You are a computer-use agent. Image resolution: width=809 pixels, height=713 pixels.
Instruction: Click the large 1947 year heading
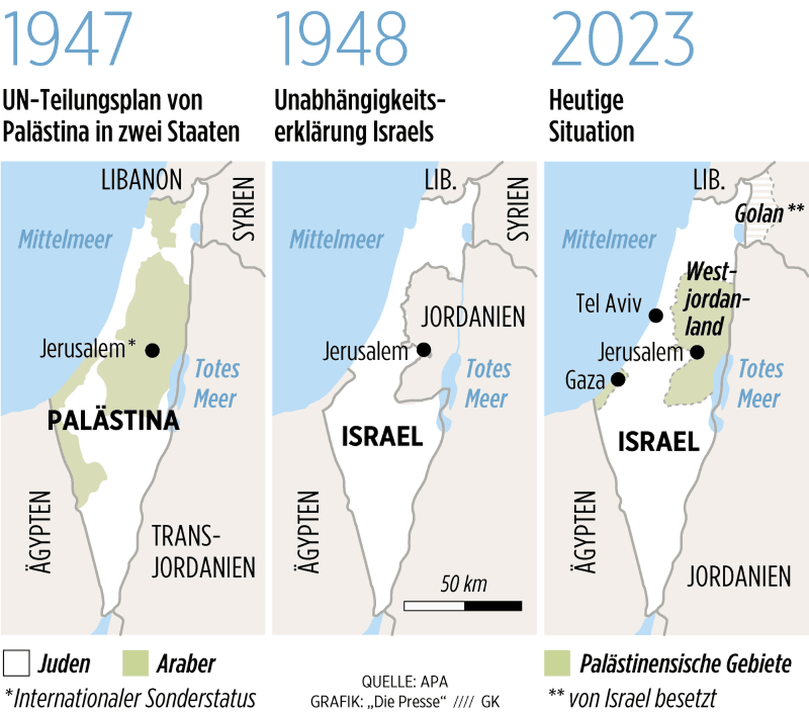pos(67,38)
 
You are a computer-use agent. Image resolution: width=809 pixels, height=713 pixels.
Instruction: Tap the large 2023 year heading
pos(622,38)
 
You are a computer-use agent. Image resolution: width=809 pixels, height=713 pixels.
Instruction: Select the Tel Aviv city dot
pos(655,316)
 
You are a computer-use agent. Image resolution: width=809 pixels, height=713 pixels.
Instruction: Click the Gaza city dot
pos(618,380)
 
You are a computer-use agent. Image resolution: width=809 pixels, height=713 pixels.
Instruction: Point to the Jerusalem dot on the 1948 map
pos(423,349)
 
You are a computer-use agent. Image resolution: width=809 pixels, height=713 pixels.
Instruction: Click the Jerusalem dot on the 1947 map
pos(152,350)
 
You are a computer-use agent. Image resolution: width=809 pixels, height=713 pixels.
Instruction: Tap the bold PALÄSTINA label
pos(113,420)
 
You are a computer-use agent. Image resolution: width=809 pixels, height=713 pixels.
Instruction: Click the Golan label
pos(759,214)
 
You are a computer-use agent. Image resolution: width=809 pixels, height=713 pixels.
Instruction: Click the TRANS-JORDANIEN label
pos(202,552)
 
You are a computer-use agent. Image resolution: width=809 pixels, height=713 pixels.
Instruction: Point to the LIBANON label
pos(142,180)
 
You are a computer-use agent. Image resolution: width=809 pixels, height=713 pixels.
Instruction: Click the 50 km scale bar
pos(462,605)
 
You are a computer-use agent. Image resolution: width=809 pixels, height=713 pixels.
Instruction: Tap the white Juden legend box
pos(16,663)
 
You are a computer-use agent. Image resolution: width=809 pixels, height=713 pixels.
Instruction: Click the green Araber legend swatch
pos(135,663)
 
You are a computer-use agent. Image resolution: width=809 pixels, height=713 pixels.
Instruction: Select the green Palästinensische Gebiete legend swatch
pos(557,663)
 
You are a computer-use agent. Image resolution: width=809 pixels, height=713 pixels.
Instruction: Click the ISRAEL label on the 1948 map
pos(382,436)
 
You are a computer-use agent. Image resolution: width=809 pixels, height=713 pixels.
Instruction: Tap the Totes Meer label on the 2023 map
pos(760,383)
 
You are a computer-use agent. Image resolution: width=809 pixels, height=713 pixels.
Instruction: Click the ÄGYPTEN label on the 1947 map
pos(41,532)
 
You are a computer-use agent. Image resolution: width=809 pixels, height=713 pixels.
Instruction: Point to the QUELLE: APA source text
pos(404,681)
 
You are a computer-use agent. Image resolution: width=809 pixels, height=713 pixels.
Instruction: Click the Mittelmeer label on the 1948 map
pos(336,239)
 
